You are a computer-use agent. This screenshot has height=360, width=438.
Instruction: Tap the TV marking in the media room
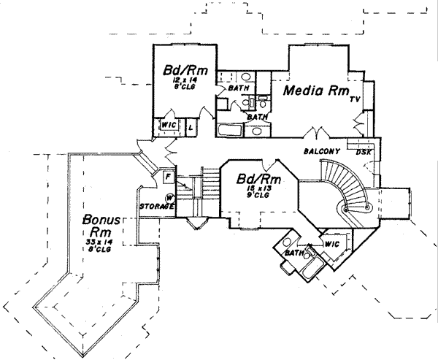(x=356, y=99)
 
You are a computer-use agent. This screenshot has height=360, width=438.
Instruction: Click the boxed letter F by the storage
(x=167, y=176)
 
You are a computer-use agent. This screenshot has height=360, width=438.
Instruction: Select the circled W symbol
(x=169, y=197)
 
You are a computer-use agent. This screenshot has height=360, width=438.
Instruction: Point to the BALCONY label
(x=320, y=151)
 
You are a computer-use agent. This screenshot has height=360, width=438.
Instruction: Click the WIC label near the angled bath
(x=331, y=243)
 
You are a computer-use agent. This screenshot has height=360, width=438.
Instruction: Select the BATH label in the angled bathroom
(x=295, y=253)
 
